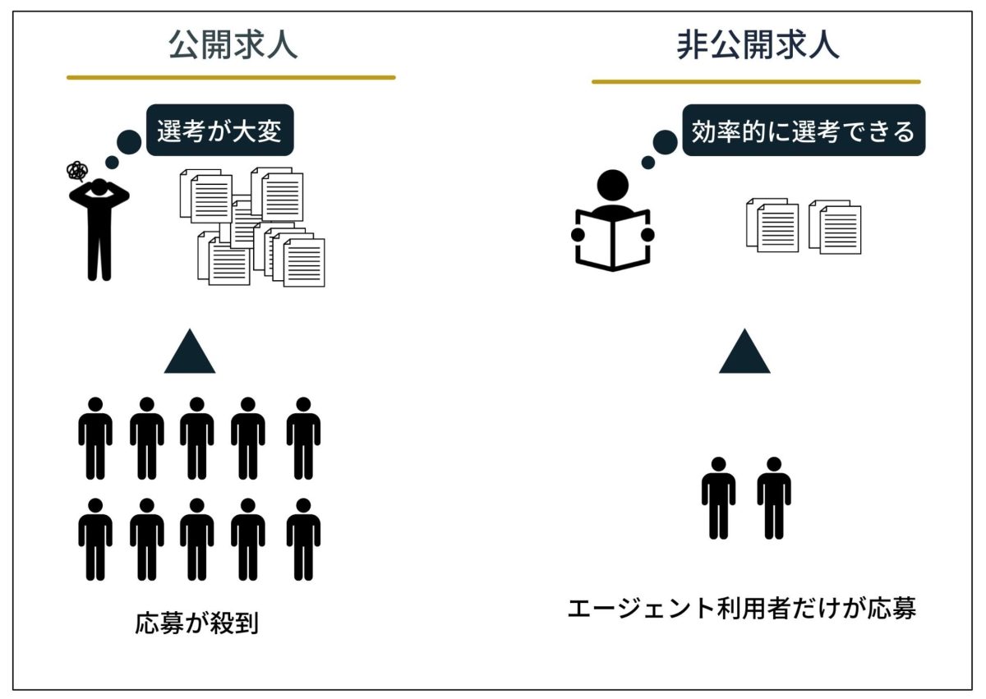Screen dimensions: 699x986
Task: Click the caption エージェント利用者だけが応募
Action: [x=741, y=609]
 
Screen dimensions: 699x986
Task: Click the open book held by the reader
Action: [x=612, y=241]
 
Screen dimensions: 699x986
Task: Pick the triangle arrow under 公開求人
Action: [x=190, y=354]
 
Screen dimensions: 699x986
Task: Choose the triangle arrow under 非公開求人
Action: [x=744, y=354]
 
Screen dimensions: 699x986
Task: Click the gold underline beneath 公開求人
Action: [x=231, y=78]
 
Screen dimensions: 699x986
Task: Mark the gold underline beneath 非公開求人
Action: [x=756, y=82]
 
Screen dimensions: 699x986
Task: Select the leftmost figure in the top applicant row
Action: [x=95, y=438]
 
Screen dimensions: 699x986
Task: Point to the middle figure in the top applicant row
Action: [x=197, y=438]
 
